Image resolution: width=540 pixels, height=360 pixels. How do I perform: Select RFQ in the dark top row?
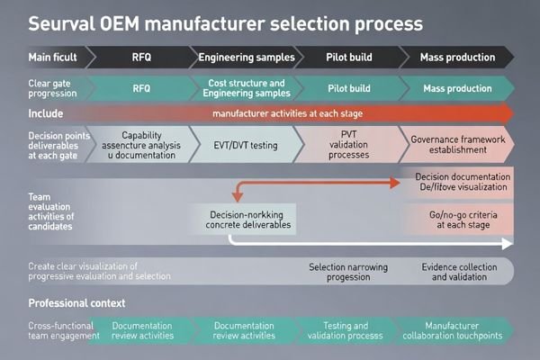tap(141, 58)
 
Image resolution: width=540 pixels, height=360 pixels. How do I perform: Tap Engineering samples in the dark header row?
tap(246, 58)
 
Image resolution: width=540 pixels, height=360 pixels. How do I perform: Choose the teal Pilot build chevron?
tap(346, 90)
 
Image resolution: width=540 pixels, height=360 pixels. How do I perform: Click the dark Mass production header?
tap(457, 58)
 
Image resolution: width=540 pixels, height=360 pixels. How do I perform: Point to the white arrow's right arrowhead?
tap(508, 243)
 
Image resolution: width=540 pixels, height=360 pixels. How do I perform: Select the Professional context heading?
tap(76, 302)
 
